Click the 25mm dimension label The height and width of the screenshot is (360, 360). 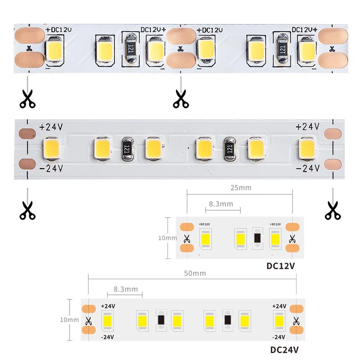click(x=240, y=188)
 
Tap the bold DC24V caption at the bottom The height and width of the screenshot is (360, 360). click(x=285, y=350)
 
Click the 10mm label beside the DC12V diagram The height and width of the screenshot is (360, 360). click(x=167, y=238)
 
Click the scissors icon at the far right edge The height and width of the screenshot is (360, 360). click(x=332, y=211)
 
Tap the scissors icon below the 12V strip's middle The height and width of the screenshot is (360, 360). click(x=180, y=99)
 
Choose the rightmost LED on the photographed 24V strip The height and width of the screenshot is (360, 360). click(x=307, y=147)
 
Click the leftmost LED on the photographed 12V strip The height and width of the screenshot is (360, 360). click(x=53, y=50)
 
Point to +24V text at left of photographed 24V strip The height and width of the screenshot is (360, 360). click(x=51, y=127)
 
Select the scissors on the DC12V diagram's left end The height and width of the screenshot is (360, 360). click(x=186, y=240)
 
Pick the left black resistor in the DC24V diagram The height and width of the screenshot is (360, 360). click(x=160, y=321)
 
